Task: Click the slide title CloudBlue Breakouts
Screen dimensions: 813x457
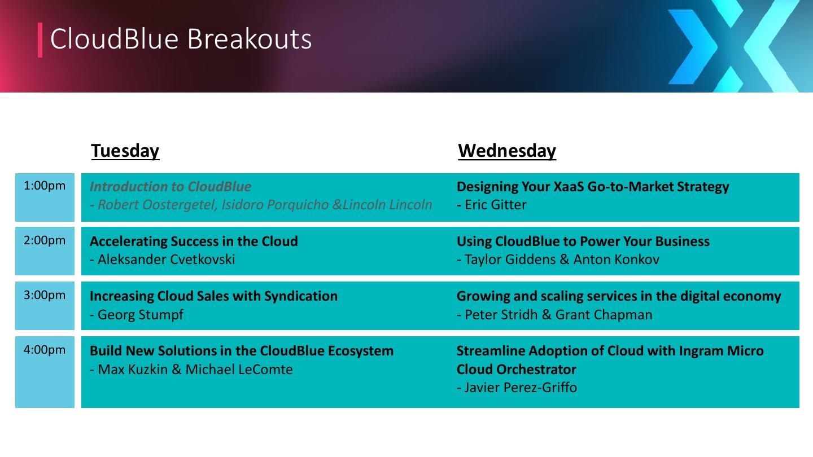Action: tap(181, 39)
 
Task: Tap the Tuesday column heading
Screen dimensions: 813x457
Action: tap(125, 151)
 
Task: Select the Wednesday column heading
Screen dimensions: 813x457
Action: tap(507, 151)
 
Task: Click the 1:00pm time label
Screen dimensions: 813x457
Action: tap(45, 186)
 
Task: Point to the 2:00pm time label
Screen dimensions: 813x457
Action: tap(45, 240)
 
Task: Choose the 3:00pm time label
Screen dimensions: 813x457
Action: tap(45, 295)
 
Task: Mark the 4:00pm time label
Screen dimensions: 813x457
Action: tap(45, 350)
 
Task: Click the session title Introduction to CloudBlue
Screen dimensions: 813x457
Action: tap(171, 187)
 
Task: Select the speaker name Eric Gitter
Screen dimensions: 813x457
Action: tap(496, 205)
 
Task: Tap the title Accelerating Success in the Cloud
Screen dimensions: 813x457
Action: tap(194, 241)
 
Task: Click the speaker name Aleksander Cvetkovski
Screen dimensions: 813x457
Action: tap(166, 260)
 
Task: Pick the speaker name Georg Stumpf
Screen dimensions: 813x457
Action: tap(141, 315)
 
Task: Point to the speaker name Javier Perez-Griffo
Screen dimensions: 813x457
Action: tap(521, 388)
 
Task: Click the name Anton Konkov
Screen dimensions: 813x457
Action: tap(617, 260)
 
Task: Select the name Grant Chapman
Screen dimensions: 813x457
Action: tap(604, 315)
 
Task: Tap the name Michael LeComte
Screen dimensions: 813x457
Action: tap(239, 370)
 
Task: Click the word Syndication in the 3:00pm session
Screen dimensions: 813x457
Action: tap(301, 297)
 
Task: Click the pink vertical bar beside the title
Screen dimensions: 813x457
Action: tap(40, 40)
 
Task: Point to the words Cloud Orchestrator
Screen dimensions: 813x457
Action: tap(517, 370)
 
